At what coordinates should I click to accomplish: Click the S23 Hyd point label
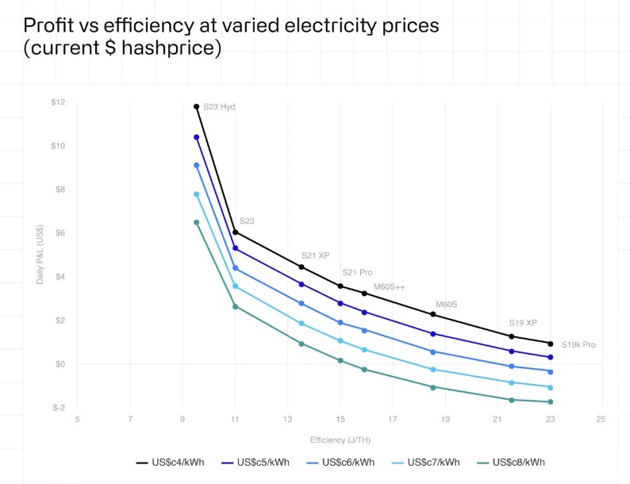pyautogui.click(x=219, y=107)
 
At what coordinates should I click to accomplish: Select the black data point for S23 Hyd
pyautogui.click(x=196, y=106)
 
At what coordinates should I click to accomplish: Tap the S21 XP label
pyautogui.click(x=315, y=255)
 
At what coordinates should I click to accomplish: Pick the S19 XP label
pyautogui.click(x=523, y=323)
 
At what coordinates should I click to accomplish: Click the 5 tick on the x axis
pyautogui.click(x=77, y=418)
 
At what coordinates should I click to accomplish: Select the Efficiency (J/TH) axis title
pyautogui.click(x=339, y=439)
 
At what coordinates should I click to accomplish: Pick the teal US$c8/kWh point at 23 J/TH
pyautogui.click(x=550, y=401)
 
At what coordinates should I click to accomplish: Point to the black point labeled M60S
pyautogui.click(x=432, y=315)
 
